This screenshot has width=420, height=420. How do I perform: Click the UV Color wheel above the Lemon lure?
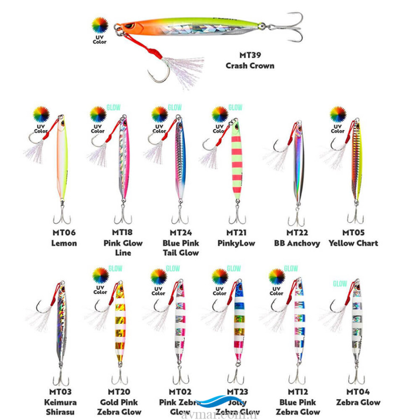click(x=41, y=115)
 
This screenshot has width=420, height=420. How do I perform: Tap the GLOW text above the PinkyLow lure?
click(x=235, y=108)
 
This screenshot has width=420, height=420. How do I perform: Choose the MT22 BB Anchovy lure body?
click(x=298, y=163)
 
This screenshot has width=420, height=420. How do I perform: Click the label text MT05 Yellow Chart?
click(x=353, y=238)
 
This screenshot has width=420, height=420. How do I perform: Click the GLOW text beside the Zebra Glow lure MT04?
click(x=340, y=283)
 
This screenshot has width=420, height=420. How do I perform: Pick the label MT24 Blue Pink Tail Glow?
click(x=181, y=243)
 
